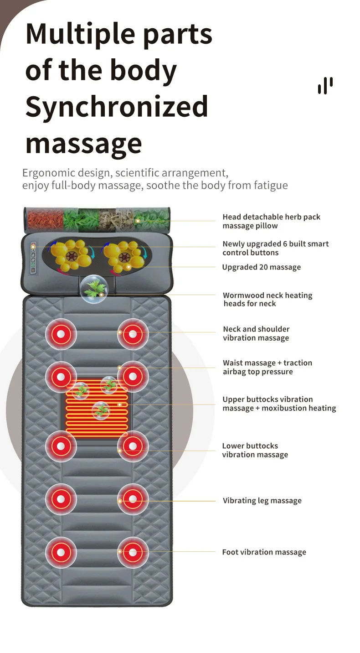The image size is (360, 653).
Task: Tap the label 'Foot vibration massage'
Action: coord(264,552)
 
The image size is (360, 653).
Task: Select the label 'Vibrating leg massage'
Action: coord(262,501)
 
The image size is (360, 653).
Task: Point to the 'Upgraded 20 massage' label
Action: coord(262,267)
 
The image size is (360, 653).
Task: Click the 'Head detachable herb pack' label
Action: coord(272,217)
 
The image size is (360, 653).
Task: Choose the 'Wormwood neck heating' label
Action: coord(267,295)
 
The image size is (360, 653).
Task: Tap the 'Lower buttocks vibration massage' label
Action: coord(255,450)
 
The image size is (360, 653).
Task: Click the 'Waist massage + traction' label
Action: coord(267,363)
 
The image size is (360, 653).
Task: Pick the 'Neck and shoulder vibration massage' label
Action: coord(256,333)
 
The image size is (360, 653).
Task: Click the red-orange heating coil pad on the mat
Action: coord(97,407)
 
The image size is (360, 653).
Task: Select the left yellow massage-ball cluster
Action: coord(71,256)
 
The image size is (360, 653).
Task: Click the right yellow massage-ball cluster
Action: coord(124,256)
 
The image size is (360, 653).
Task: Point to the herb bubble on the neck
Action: coord(94,289)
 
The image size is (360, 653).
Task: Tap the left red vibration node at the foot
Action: coord(61,552)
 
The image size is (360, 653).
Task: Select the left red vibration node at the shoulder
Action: coord(61,334)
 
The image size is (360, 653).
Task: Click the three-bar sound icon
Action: coord(325,86)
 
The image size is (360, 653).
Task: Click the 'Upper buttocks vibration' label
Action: coord(267,399)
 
